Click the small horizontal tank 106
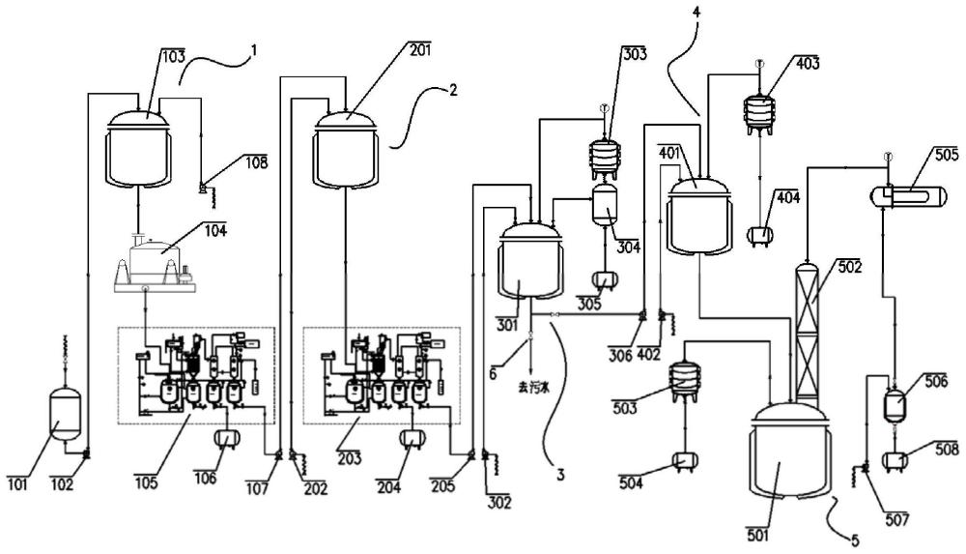click(x=227, y=438)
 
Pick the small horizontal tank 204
click(x=412, y=438)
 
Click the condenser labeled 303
click(x=606, y=156)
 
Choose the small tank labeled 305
click(x=606, y=279)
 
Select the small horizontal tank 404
click(x=760, y=233)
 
